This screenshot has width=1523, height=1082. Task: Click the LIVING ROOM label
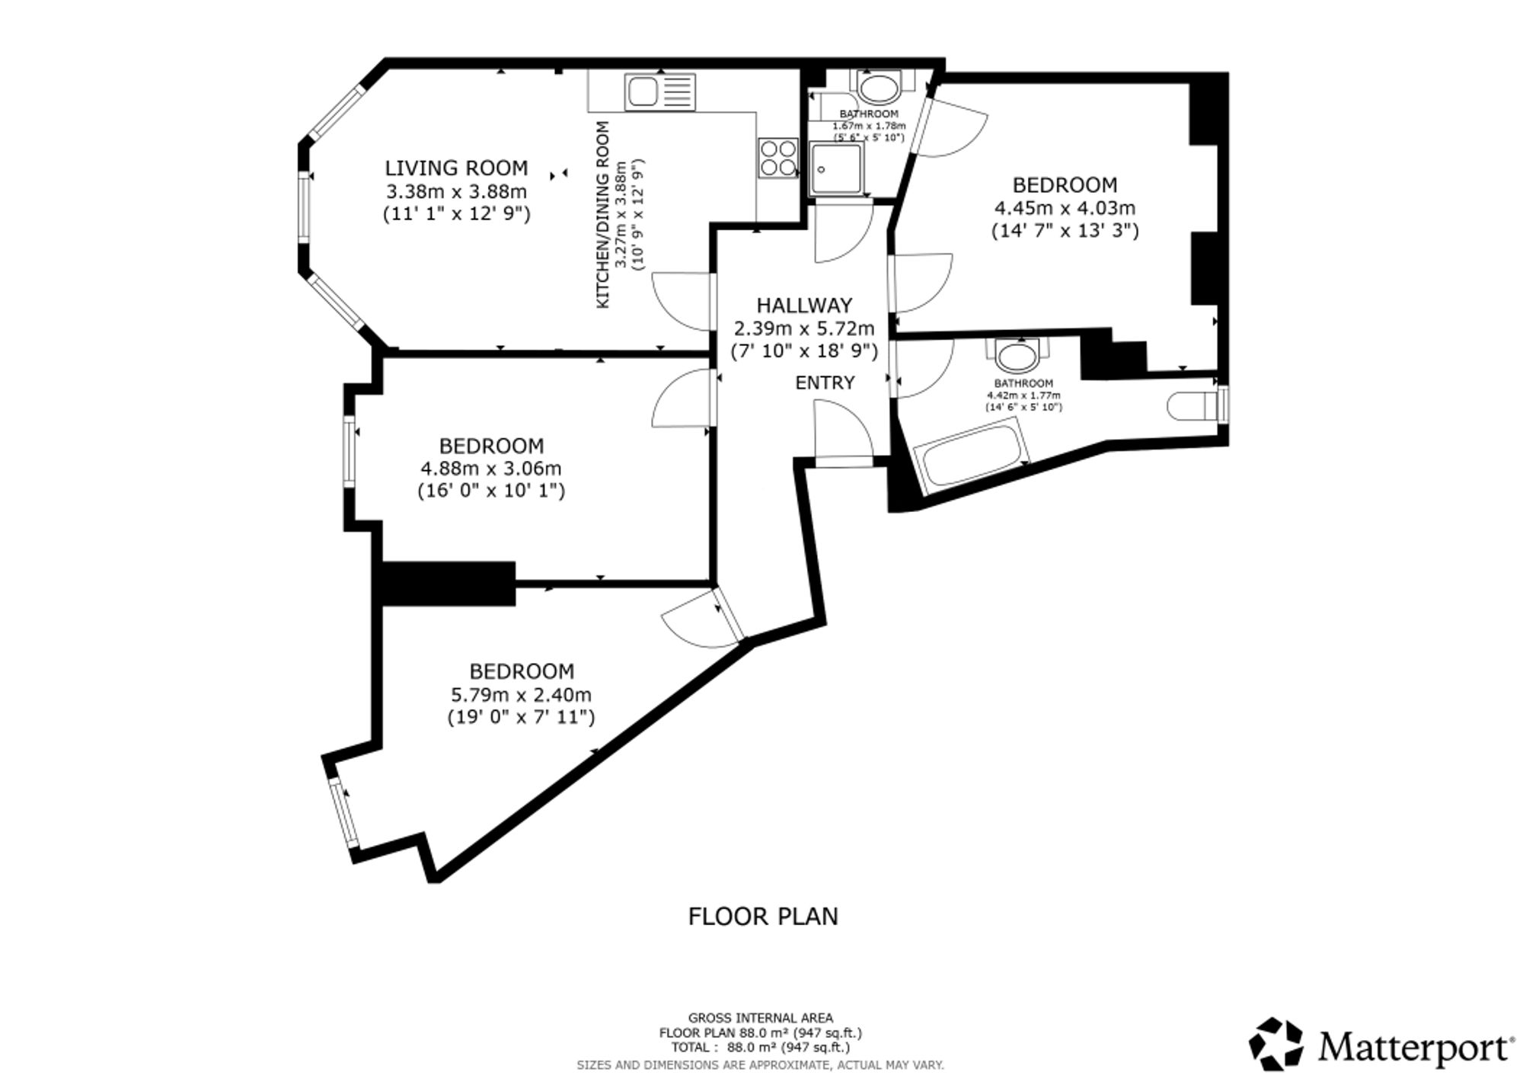point(456,168)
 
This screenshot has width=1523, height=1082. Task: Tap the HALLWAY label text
point(804,306)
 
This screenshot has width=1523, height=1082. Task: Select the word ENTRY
point(825,383)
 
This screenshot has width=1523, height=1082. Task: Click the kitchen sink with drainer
point(660,91)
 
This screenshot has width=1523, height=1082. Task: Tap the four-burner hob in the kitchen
point(778,158)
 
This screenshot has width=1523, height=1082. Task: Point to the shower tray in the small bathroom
point(837,169)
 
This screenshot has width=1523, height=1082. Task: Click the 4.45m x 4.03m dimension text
point(1065,208)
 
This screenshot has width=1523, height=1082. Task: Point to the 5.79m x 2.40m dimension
point(521,695)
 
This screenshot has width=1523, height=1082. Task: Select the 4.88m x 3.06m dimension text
point(491,469)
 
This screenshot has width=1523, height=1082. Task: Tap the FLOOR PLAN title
point(763,917)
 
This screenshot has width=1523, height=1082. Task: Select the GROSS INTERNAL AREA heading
point(761,1018)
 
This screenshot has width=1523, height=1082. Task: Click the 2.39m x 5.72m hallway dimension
point(804,329)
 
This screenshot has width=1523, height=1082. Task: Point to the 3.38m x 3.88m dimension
point(456,191)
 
